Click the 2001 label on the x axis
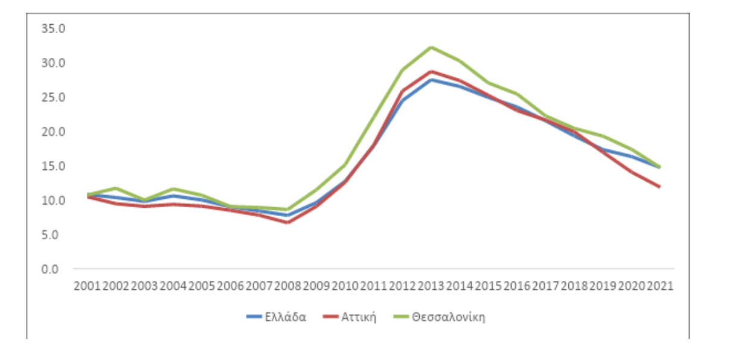pos(87,285)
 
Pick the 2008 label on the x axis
pos(288,285)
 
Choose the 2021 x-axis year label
pos(660,285)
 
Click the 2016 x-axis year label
pos(517,285)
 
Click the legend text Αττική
pos(358,317)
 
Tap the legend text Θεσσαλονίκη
pos(449,317)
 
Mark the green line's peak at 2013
pos(431,47)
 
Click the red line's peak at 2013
pos(431,71)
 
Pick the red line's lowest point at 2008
pos(288,222)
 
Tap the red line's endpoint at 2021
pos(659,187)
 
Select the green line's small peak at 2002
pos(115,188)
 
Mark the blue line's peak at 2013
pos(431,80)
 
